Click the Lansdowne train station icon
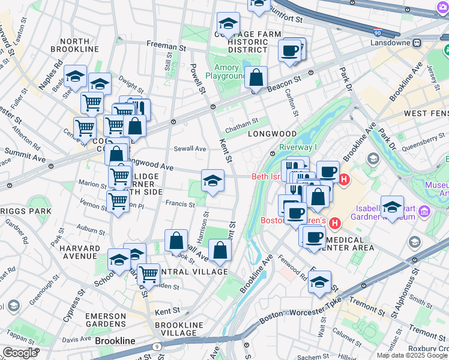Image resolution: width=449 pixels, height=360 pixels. click(x=416, y=43)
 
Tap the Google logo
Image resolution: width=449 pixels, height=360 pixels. click(x=20, y=353)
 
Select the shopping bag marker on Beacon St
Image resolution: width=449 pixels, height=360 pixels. click(x=256, y=78)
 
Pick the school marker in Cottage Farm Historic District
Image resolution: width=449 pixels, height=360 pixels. click(x=228, y=25)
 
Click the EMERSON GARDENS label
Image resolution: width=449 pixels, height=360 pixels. click(x=105, y=316)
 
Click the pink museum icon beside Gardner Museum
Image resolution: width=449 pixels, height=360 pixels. click(x=424, y=211)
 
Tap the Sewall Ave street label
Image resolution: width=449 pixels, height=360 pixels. click(x=190, y=148)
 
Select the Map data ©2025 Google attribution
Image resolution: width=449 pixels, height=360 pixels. click(x=411, y=355)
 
